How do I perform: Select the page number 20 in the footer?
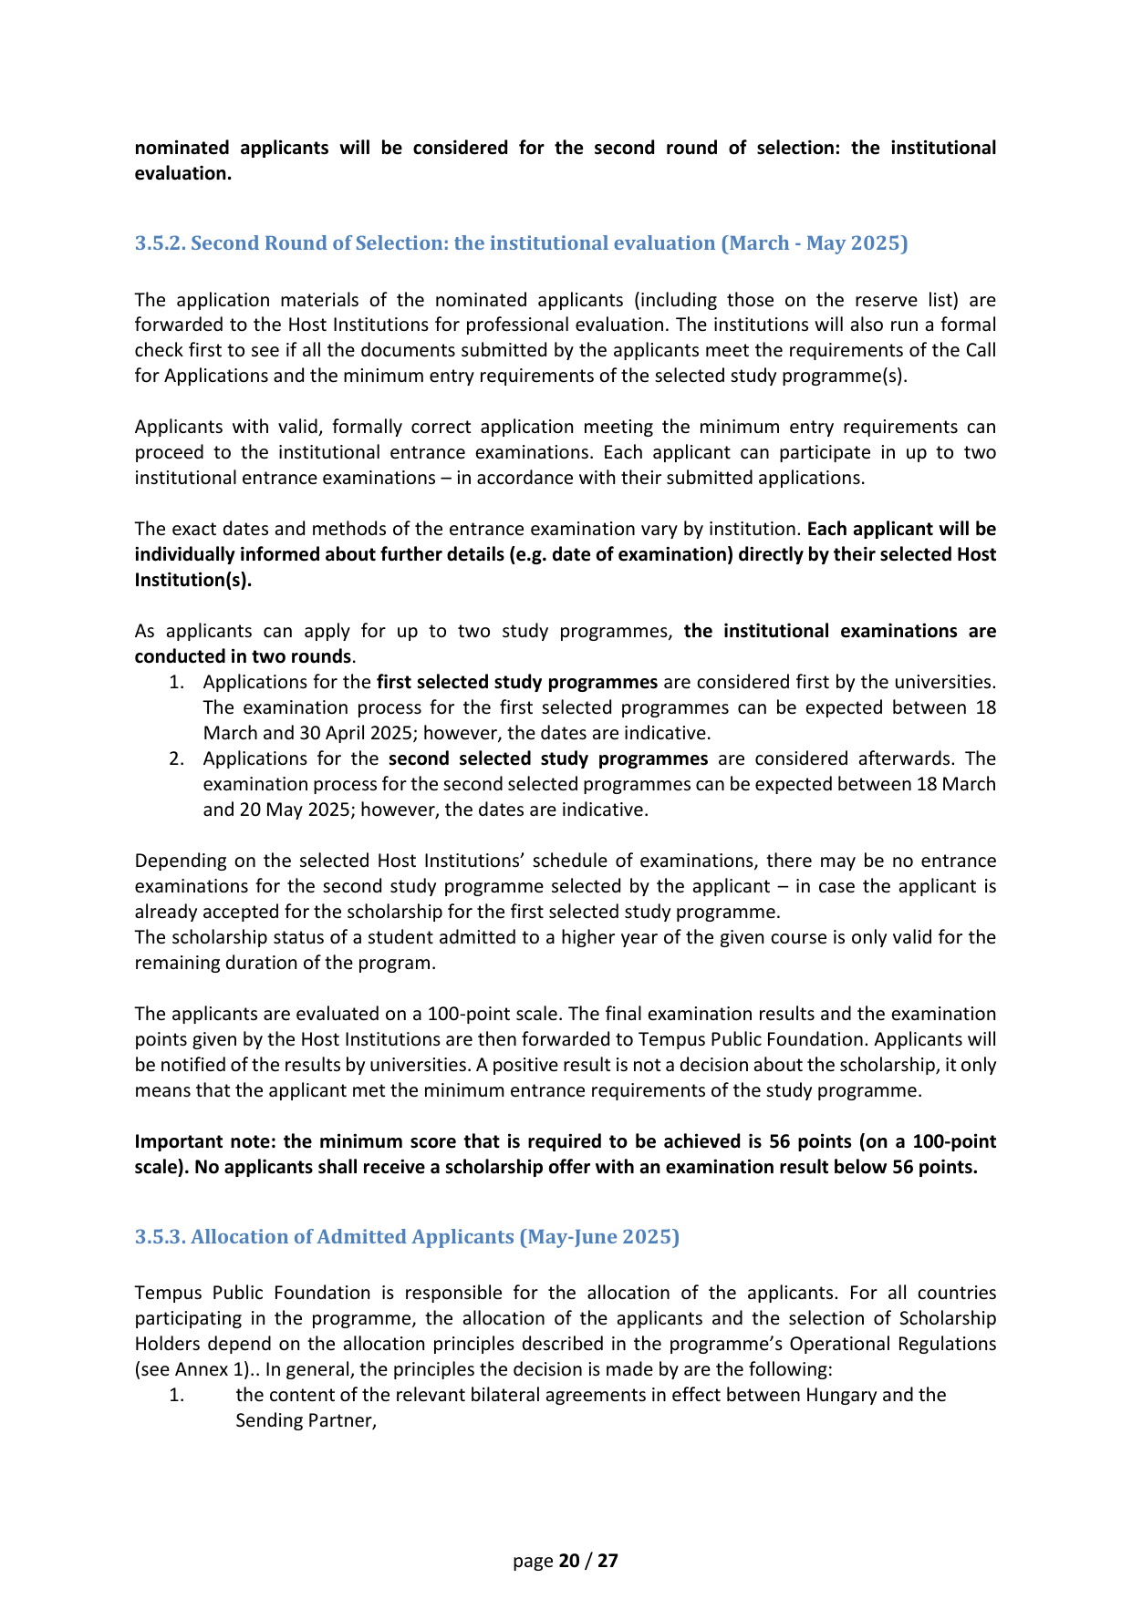[x=569, y=1561]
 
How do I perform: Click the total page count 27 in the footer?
[x=608, y=1561]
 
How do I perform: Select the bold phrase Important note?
[x=206, y=1141]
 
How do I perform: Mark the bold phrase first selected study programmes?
[x=517, y=682]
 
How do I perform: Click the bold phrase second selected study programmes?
[x=548, y=758]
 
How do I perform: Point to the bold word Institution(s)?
[x=193, y=580]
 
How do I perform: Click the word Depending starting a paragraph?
[x=178, y=861]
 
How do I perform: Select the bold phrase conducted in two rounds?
[x=243, y=656]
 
